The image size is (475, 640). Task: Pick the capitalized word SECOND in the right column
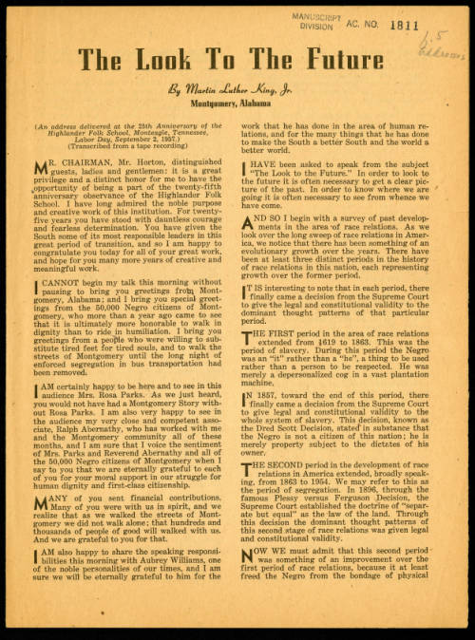click(x=290, y=470)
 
